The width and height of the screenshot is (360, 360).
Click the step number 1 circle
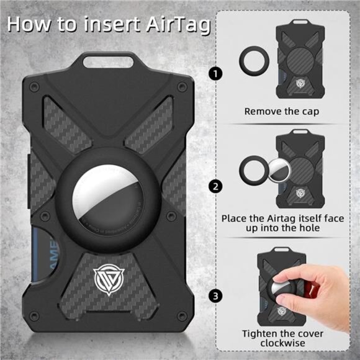215,74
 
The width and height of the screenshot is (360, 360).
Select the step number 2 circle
215,186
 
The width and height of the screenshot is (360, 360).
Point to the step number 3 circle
215,295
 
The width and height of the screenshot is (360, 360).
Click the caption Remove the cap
282,112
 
